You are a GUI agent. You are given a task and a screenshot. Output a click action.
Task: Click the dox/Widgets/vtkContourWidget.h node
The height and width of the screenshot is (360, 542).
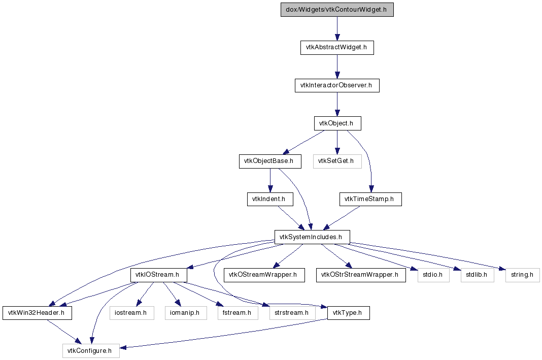pyautogui.click(x=337, y=9)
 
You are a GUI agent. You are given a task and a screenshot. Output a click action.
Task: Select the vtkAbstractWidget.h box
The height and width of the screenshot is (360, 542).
pyautogui.click(x=337, y=47)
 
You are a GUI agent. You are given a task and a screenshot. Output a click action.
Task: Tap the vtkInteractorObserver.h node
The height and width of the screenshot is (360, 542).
pyautogui.click(x=337, y=85)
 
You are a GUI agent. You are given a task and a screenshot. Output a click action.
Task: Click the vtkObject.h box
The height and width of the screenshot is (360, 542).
pyautogui.click(x=337, y=123)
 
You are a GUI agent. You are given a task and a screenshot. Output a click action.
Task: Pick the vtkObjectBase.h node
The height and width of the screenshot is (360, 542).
pyautogui.click(x=270, y=161)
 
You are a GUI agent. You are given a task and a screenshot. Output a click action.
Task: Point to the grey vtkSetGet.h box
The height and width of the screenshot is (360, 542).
pyautogui.click(x=337, y=161)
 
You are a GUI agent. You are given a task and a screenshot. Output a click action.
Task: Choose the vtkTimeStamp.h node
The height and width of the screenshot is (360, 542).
pyautogui.click(x=370, y=199)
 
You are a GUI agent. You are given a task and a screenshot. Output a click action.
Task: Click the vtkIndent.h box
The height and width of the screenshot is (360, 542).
pyautogui.click(x=270, y=199)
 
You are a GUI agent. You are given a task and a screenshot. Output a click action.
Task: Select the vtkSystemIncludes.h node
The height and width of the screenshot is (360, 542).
pyautogui.click(x=312, y=237)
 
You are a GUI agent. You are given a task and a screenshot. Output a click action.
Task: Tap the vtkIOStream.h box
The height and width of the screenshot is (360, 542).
pyautogui.click(x=159, y=275)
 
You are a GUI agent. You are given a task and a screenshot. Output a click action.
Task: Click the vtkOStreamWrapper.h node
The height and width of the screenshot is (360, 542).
pyautogui.click(x=264, y=275)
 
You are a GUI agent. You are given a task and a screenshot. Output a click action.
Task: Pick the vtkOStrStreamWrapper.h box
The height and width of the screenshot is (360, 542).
pyautogui.click(x=361, y=275)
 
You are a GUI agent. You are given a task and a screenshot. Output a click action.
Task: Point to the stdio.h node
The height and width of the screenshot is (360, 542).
pyautogui.click(x=433, y=275)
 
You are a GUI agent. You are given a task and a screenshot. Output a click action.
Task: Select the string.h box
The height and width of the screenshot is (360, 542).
pyautogui.click(x=522, y=275)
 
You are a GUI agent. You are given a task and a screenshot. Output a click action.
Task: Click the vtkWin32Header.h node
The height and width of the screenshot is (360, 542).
pyautogui.click(x=38, y=313)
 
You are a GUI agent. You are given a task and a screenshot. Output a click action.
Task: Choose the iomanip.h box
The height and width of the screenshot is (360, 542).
pyautogui.click(x=186, y=313)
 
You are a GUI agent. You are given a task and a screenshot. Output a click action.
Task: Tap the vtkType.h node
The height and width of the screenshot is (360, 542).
pyautogui.click(x=349, y=313)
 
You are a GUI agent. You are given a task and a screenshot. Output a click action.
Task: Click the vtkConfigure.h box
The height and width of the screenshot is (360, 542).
pyautogui.click(x=91, y=351)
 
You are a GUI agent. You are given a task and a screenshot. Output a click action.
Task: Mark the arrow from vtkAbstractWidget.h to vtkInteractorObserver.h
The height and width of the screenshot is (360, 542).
pyautogui.click(x=337, y=67)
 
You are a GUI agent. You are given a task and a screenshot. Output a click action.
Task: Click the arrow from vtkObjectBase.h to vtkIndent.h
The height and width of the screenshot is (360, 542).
pyautogui.click(x=270, y=181)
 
